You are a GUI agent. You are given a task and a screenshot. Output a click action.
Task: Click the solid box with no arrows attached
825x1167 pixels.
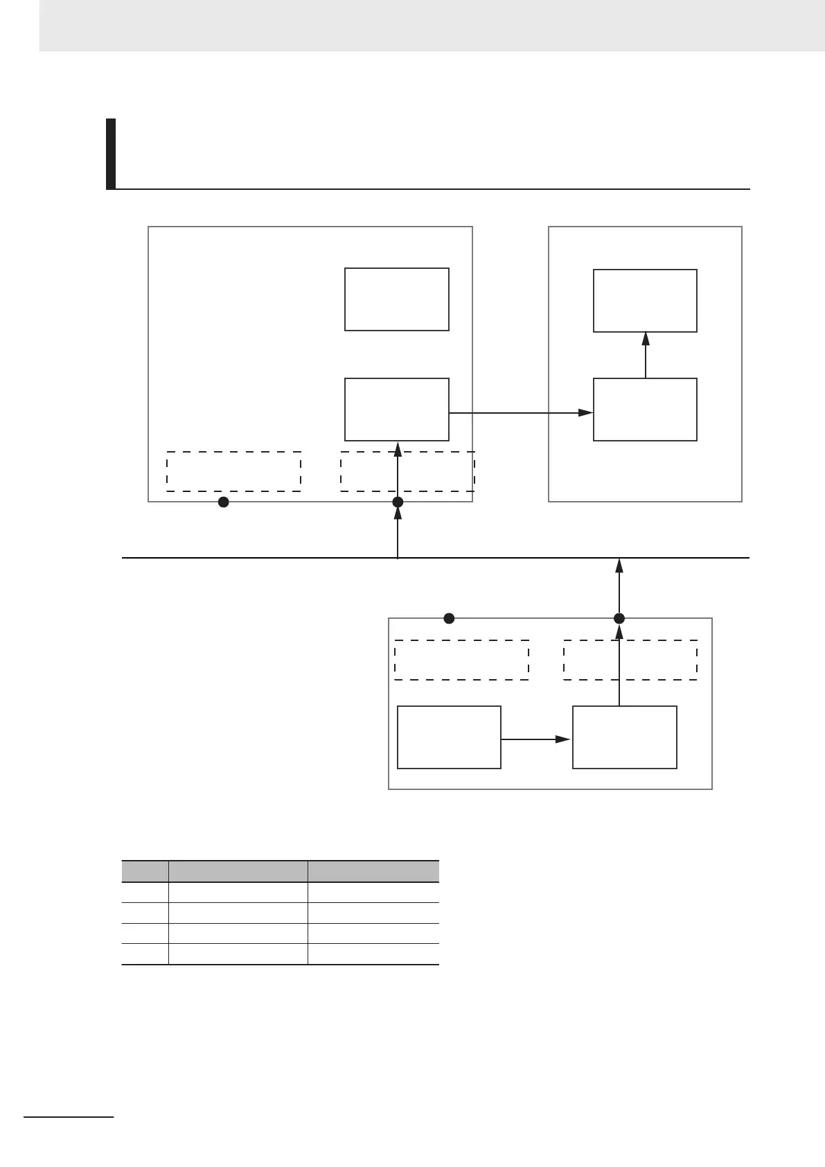(x=396, y=299)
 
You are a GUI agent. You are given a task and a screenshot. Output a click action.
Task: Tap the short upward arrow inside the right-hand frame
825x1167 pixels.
(x=646, y=355)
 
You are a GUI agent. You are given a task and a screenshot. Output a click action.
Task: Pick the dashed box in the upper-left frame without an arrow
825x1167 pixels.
(x=233, y=471)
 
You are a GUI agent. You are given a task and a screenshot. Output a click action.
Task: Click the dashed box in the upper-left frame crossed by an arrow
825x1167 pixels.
(x=407, y=471)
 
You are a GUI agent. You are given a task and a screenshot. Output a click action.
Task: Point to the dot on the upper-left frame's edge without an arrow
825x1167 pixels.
(x=223, y=502)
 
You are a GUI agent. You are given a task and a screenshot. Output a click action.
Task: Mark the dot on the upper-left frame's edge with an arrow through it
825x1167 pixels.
(x=398, y=502)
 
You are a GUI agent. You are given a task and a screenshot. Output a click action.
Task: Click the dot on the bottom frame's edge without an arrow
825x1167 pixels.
(x=449, y=618)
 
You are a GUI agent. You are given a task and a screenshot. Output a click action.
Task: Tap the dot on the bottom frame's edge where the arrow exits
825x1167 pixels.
(x=619, y=618)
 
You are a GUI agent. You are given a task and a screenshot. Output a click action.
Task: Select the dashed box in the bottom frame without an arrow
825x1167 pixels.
(x=461, y=660)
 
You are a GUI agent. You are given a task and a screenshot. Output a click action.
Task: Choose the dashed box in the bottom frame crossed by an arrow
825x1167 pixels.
(x=630, y=660)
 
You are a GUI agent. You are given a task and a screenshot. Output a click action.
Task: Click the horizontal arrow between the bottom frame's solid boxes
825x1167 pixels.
(x=536, y=739)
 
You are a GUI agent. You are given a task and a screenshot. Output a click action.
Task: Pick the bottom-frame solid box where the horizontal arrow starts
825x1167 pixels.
(x=449, y=737)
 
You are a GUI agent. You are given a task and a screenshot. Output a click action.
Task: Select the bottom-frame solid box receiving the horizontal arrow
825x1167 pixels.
(x=624, y=737)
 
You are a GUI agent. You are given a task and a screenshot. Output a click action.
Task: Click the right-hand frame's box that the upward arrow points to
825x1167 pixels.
(x=645, y=301)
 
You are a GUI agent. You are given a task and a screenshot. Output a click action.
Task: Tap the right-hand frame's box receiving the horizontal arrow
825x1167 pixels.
(x=645, y=410)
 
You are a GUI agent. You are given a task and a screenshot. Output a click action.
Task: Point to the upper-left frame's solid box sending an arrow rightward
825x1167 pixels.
(x=396, y=410)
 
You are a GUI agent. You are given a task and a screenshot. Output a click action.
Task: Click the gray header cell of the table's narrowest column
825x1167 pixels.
(x=145, y=871)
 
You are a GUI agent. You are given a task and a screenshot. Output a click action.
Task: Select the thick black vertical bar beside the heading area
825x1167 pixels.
(x=110, y=154)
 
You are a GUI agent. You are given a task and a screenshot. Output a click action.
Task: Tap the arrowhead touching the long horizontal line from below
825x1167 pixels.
(x=619, y=565)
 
